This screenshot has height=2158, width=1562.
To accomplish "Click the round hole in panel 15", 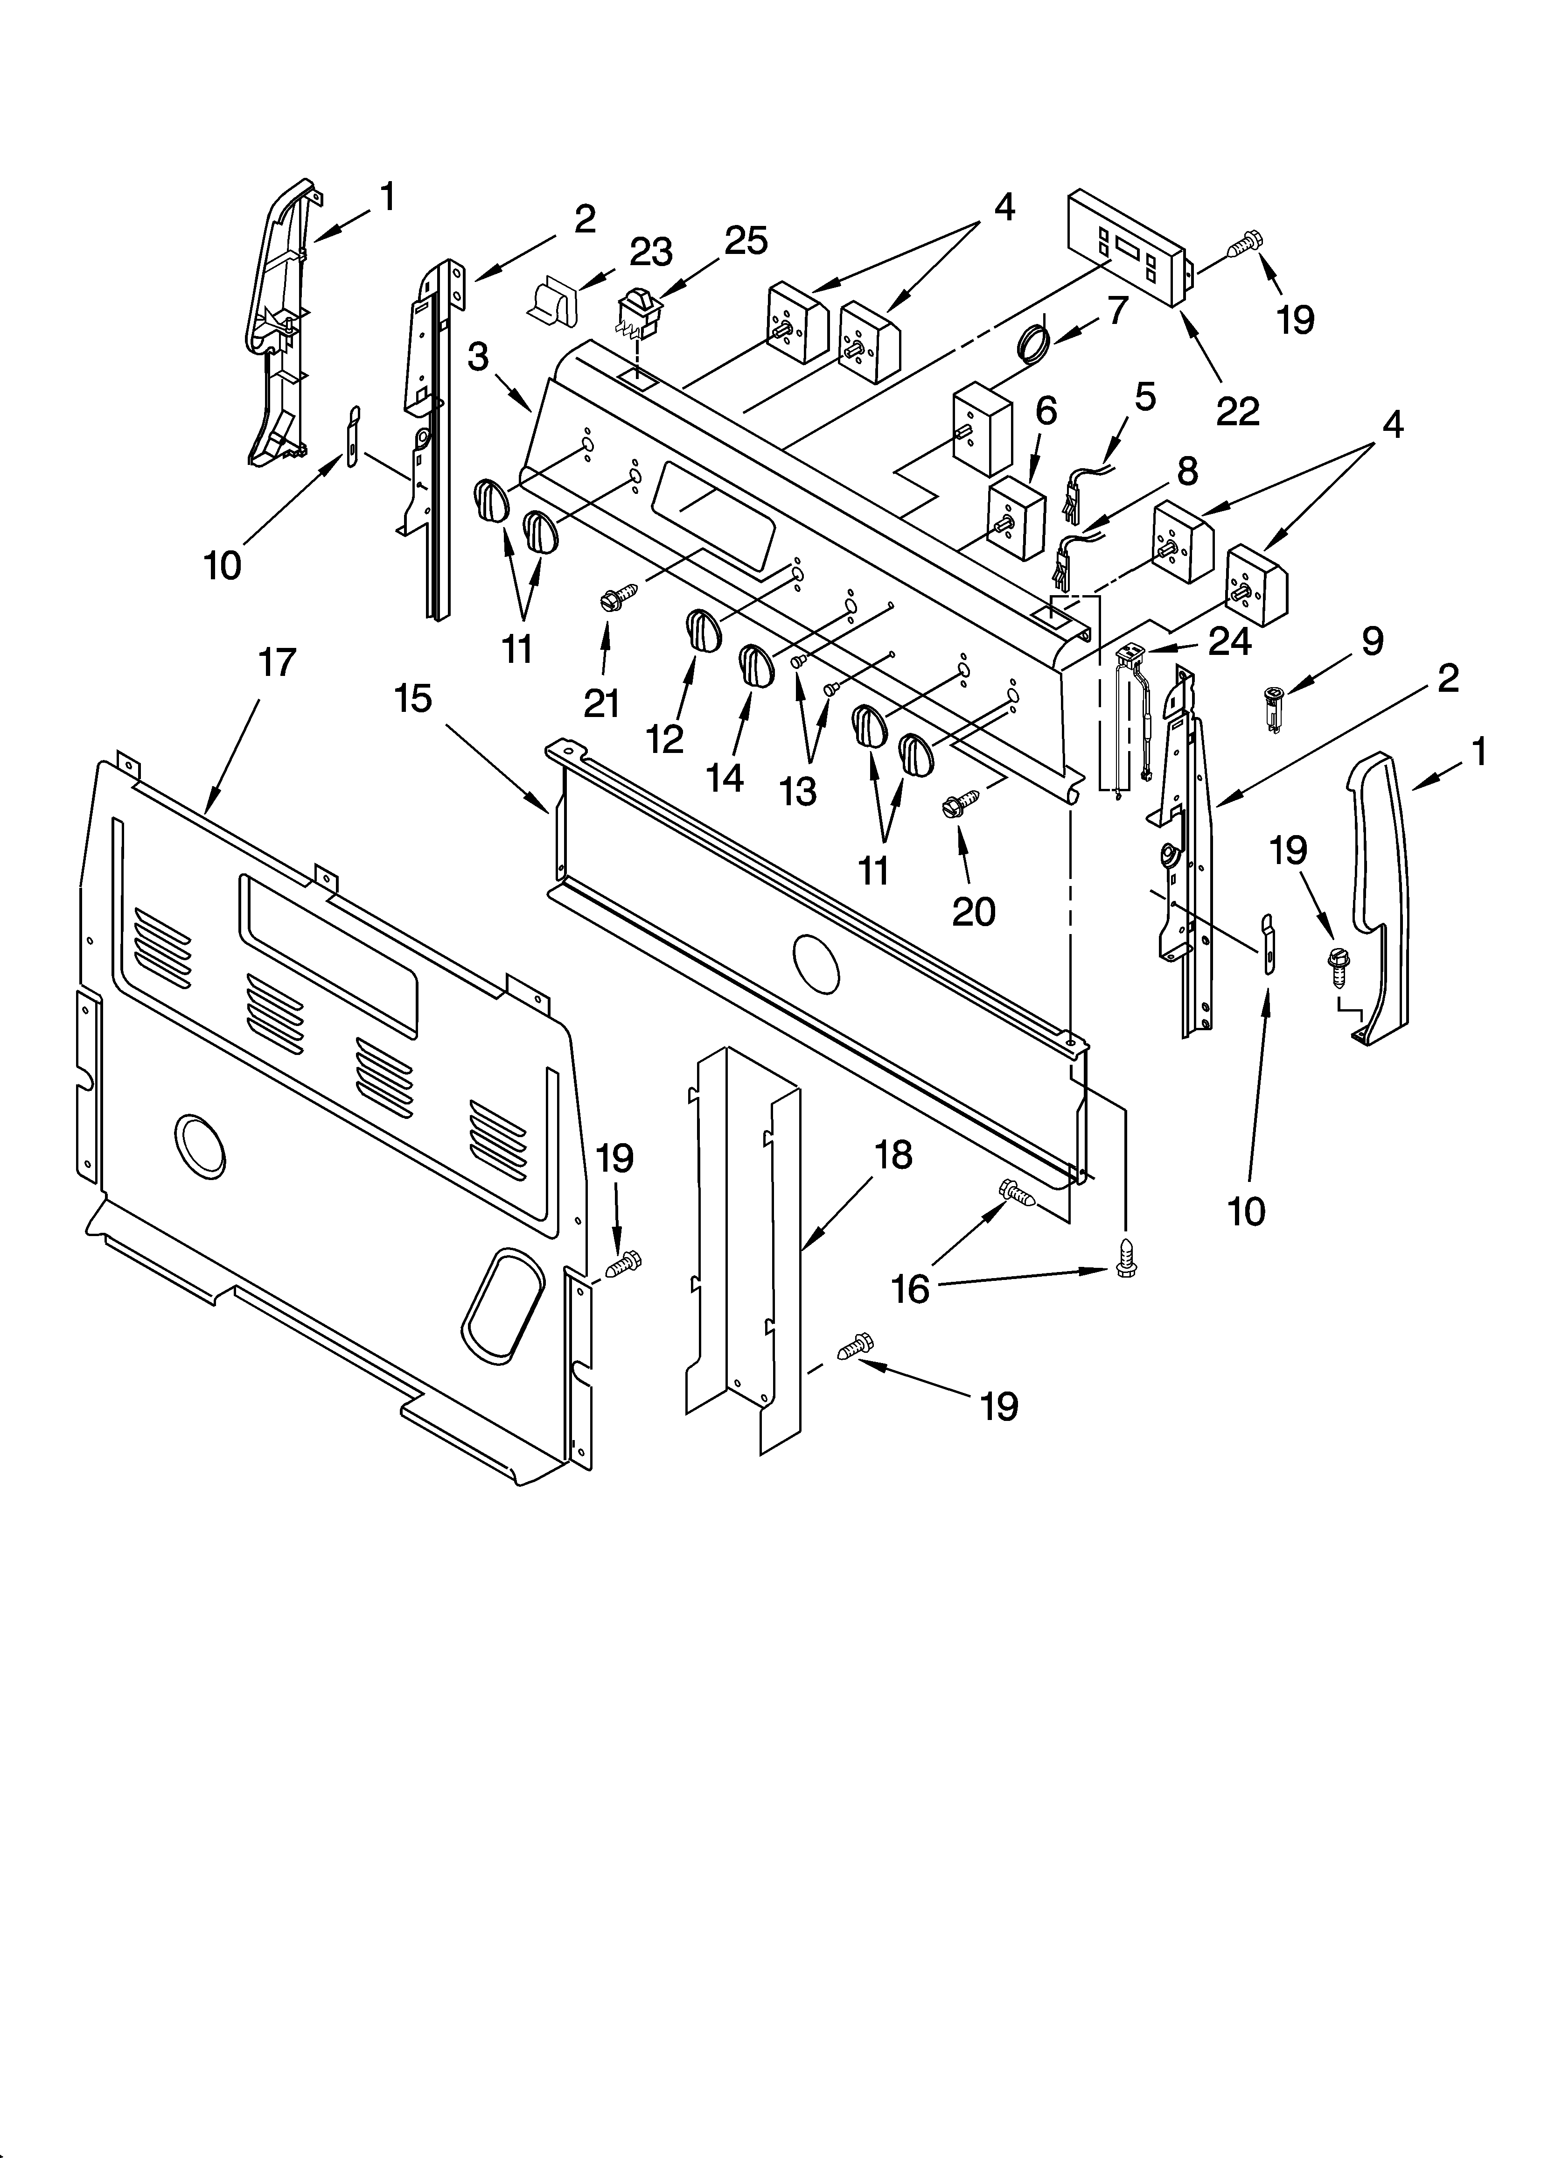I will (816, 963).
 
